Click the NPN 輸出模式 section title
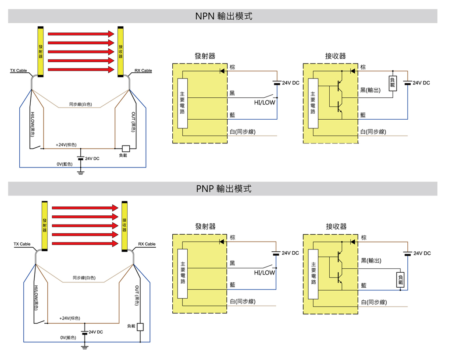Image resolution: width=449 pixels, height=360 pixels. (224, 16)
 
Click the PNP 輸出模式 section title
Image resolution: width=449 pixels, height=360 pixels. (224, 189)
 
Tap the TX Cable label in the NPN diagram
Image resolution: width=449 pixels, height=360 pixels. (18, 71)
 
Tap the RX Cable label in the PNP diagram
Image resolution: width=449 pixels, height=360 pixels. (147, 244)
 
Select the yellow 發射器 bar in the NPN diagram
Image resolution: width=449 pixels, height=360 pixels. (40, 51)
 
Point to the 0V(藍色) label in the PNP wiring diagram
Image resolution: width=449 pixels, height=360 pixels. (68, 338)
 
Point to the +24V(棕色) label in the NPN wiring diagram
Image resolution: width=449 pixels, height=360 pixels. (66, 145)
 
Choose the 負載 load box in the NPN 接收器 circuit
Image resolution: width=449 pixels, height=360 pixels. (392, 83)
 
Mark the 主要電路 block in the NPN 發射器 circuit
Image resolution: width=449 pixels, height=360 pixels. (183, 103)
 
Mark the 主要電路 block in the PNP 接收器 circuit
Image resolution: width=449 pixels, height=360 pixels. (314, 274)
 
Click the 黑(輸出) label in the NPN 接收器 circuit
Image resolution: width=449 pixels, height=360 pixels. (370, 90)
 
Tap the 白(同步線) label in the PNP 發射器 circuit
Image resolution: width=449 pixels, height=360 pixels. (243, 302)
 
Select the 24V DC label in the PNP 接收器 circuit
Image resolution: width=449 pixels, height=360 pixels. (422, 253)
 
